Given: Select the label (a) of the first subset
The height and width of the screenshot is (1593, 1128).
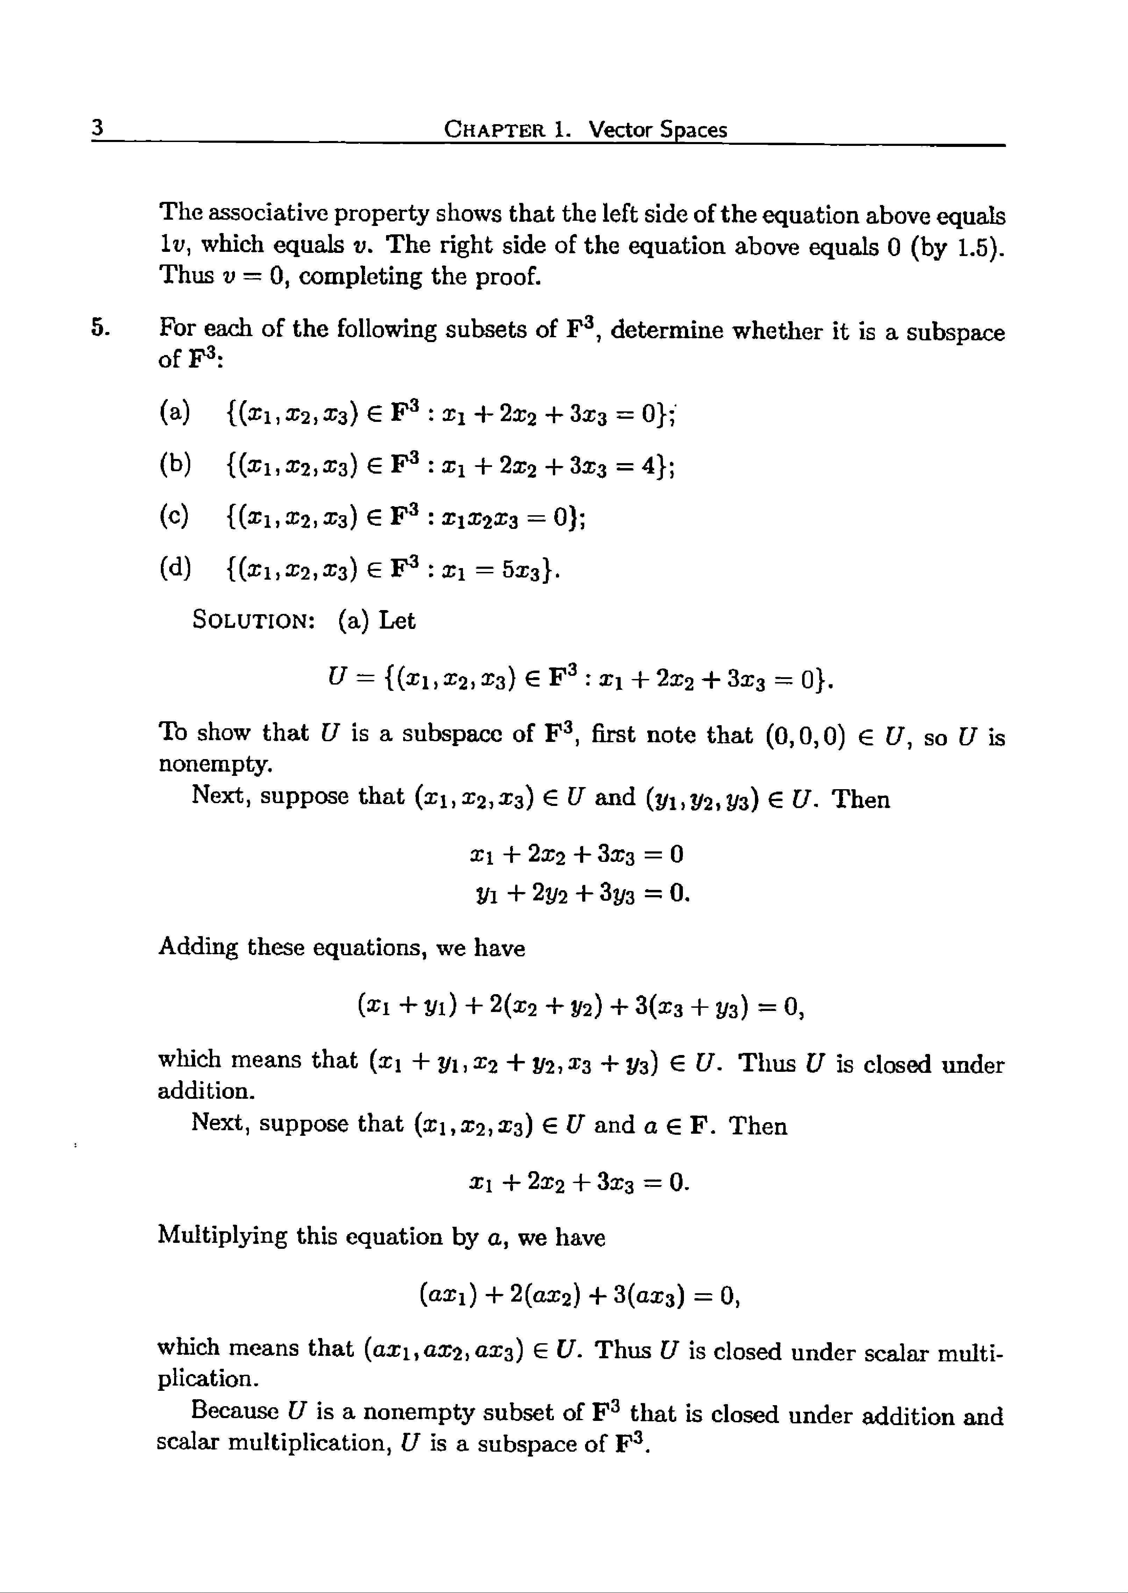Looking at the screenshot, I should (174, 412).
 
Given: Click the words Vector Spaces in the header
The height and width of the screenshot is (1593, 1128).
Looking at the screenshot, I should (657, 130).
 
